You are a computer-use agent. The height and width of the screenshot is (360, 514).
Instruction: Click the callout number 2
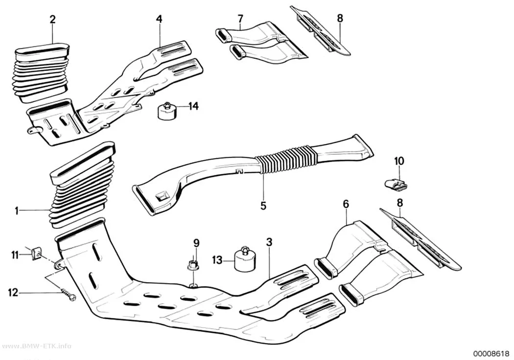tap(52, 19)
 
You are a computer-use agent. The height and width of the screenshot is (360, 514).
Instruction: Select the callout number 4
tap(159, 19)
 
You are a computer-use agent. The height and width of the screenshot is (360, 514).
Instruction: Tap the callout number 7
tap(241, 19)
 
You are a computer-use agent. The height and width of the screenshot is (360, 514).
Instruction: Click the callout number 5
tap(263, 206)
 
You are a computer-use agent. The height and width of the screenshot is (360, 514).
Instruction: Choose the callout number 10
tap(399, 161)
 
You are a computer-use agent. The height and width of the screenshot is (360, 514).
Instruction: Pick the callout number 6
tap(346, 204)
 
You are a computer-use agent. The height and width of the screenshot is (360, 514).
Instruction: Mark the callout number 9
tap(196, 243)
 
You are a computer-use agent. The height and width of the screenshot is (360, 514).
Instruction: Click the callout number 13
tap(217, 261)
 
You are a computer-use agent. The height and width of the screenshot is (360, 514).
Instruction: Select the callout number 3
tap(269, 242)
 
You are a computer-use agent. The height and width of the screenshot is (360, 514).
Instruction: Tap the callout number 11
tap(15, 254)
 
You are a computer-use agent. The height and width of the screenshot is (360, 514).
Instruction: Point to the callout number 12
tap(13, 292)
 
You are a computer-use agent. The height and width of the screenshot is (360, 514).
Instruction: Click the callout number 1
tap(16, 211)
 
